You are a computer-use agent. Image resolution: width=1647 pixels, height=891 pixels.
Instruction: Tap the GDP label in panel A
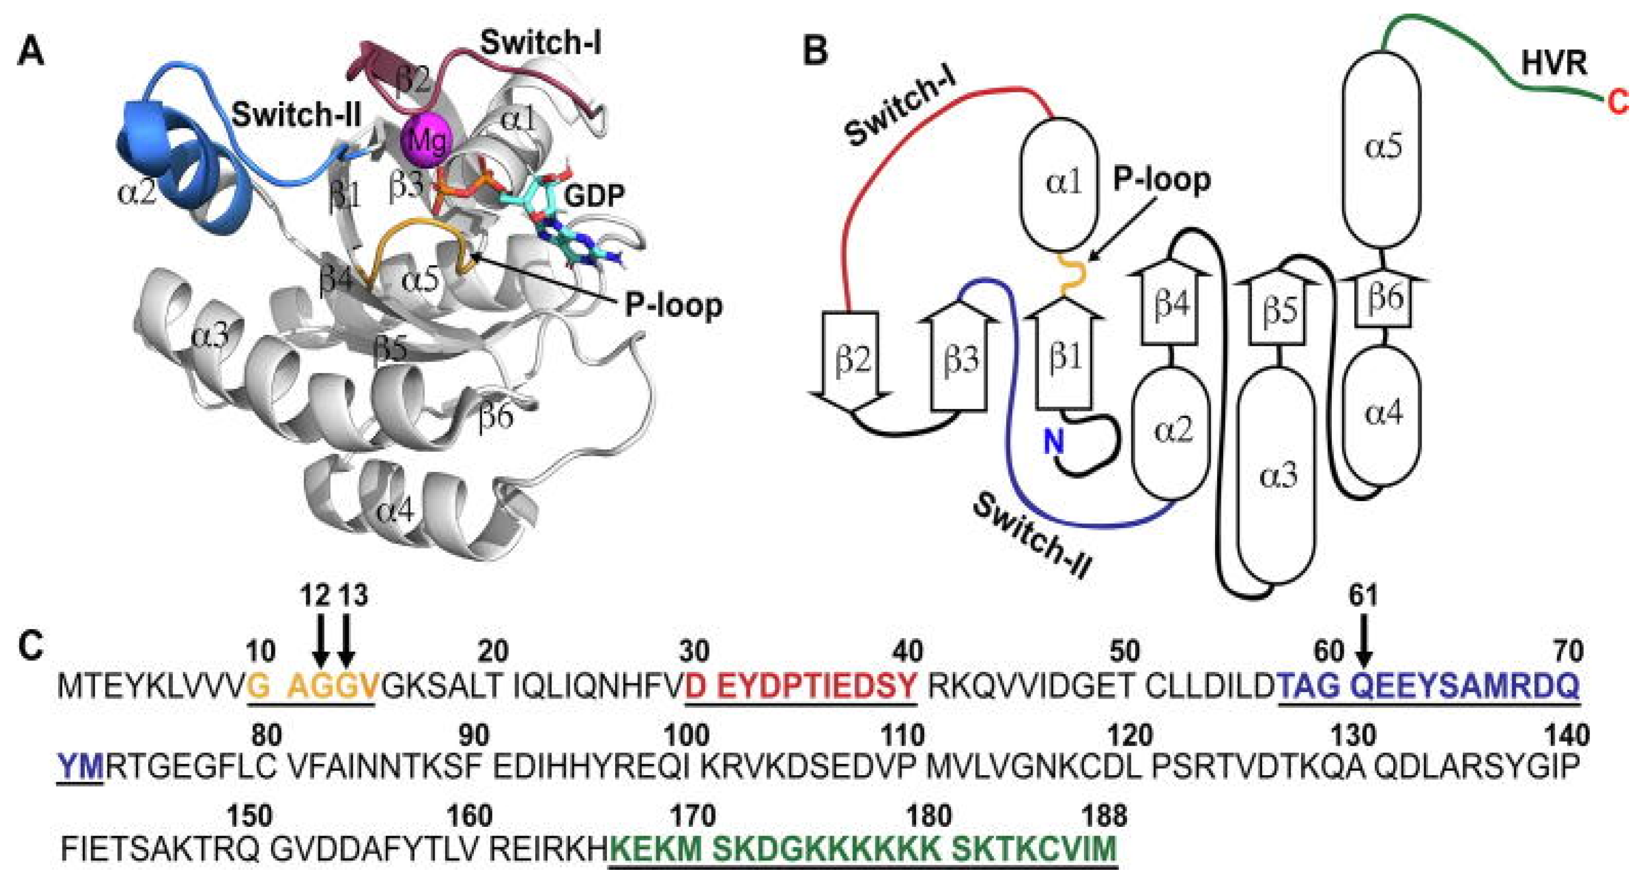[x=594, y=195]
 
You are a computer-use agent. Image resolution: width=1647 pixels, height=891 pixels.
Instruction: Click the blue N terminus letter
[x=1054, y=441]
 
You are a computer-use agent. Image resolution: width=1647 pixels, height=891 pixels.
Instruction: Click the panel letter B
[x=815, y=51]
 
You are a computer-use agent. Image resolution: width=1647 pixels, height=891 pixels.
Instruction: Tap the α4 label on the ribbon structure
[x=396, y=511]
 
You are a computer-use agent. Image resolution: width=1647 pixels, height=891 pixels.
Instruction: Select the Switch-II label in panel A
[x=297, y=116]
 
